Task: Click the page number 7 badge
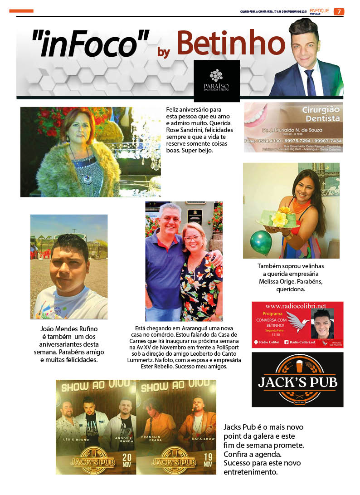(x=339, y=11)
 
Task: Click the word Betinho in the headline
(x=230, y=44)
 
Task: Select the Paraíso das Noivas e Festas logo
(x=216, y=80)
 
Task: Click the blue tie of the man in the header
(x=311, y=82)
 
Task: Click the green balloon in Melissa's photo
(x=262, y=243)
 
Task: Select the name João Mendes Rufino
(x=69, y=328)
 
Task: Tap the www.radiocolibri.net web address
(x=297, y=306)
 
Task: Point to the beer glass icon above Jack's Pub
(x=297, y=364)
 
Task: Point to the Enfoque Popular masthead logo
(x=320, y=11)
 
